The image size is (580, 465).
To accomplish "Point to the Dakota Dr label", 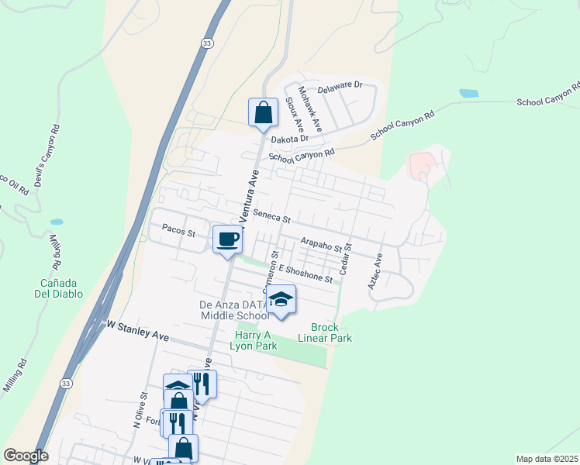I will coord(290,139).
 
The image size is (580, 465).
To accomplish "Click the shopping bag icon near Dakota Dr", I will coord(264,113).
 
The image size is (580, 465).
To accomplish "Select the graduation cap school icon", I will coord(281,300).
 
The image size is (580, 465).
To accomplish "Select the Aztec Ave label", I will coord(375,272).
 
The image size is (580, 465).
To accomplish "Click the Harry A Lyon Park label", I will coord(254,341).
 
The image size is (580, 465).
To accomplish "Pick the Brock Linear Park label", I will coord(331,332).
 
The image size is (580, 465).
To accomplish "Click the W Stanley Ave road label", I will coord(138,331).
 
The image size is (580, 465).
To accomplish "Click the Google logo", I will coord(26,456).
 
